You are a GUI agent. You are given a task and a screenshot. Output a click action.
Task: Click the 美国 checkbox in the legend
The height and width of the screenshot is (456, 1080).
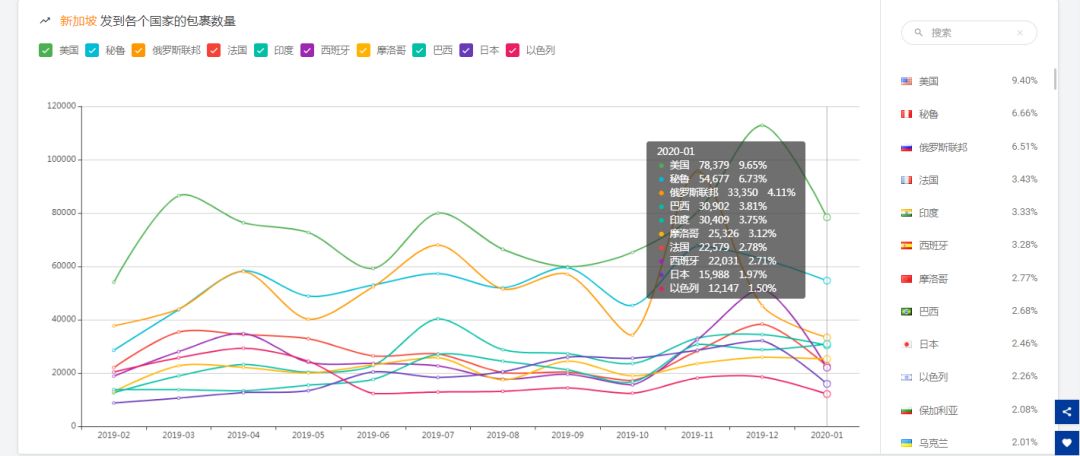[x=45, y=50]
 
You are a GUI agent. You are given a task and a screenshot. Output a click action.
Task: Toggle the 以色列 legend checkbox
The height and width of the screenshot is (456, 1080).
[x=513, y=50]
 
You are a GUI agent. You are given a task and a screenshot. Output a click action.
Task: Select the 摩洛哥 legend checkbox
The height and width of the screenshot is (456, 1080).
[x=364, y=50]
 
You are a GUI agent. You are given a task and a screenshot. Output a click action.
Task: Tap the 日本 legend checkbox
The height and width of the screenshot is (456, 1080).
[x=466, y=50]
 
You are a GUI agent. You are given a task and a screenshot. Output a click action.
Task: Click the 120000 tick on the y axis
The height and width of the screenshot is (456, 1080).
[x=61, y=106]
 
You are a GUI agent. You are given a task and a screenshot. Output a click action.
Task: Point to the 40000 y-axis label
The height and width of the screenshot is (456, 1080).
[x=64, y=320]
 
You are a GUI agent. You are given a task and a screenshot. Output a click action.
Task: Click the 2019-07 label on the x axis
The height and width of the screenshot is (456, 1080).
[x=437, y=436]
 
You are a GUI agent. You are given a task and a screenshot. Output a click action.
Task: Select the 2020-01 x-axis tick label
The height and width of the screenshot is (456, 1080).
[x=826, y=436]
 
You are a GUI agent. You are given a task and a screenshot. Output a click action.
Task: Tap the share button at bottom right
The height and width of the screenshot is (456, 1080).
[x=1067, y=411]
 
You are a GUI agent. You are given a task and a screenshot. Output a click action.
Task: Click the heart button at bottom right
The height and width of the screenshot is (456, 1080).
[x=1067, y=440]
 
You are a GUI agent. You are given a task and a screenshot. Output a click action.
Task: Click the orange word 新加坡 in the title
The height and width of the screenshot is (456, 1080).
[x=78, y=21]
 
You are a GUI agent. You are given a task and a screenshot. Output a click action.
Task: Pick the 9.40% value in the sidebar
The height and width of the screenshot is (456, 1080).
[x=1024, y=80]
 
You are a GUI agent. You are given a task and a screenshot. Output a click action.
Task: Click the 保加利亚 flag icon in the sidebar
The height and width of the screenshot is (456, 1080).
[x=906, y=410]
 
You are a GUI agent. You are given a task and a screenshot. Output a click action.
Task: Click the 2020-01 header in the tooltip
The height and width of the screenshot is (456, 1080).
[x=675, y=151]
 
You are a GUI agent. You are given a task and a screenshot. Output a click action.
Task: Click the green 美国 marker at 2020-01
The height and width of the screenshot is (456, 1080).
[x=827, y=217]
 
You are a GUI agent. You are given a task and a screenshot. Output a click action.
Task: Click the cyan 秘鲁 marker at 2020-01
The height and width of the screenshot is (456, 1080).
[x=827, y=281]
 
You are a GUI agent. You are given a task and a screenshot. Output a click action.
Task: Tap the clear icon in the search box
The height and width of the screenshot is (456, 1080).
[x=1019, y=33]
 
